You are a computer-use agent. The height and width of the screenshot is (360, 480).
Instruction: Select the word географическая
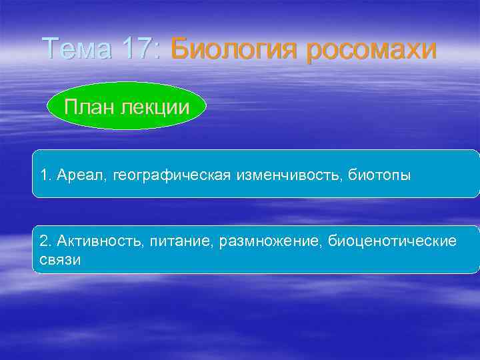(172, 176)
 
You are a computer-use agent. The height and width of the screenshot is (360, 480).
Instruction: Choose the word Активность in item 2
(95, 240)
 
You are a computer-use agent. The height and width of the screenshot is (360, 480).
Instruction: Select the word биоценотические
(393, 240)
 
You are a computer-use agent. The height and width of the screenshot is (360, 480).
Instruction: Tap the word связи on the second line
(61, 259)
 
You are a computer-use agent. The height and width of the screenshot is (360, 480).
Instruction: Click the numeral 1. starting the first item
(45, 175)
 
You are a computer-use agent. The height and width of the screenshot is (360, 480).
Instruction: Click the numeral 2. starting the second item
(45, 240)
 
